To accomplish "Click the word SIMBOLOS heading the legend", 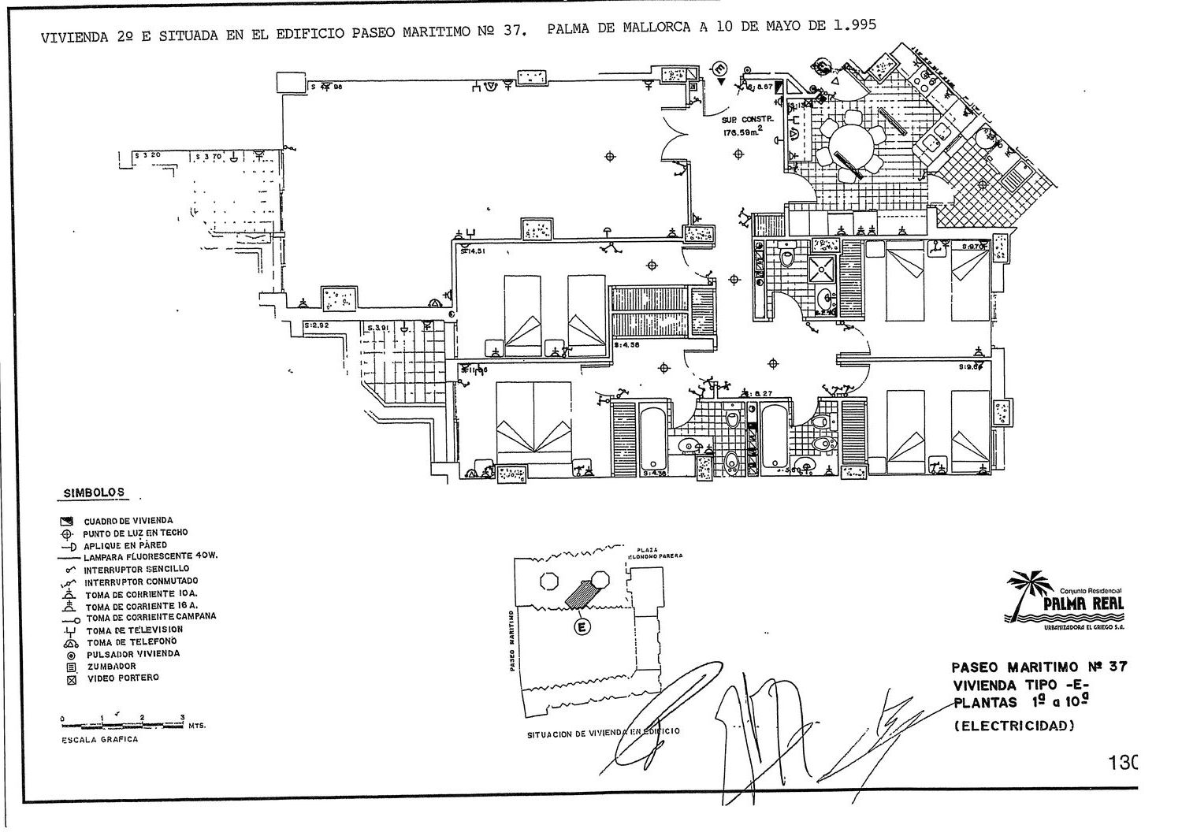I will (x=93, y=492).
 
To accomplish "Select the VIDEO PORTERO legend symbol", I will (x=71, y=679).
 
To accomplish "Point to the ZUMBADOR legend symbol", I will (x=71, y=667).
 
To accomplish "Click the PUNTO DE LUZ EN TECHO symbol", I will (x=71, y=533).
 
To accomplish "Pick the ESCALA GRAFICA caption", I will (x=100, y=739).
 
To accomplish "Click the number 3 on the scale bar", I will (x=182, y=717).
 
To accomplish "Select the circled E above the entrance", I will (x=719, y=68).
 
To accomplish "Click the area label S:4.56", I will (x=630, y=345).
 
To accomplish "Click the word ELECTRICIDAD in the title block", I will (x=1014, y=726).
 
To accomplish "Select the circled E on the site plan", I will (x=582, y=627).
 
